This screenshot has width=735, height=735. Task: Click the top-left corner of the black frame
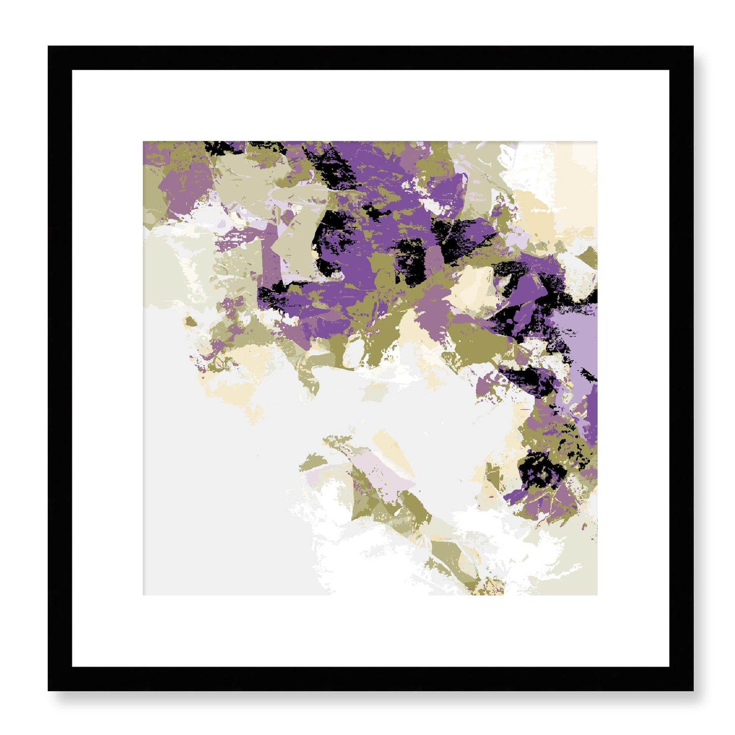click(x=49, y=47)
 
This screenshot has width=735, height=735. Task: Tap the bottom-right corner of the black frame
click(x=693, y=690)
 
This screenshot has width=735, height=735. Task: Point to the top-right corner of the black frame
click(x=693, y=47)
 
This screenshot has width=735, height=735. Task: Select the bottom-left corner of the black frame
click(x=49, y=690)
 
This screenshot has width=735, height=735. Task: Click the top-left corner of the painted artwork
click(x=143, y=142)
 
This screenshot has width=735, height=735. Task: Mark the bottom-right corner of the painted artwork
click(x=597, y=595)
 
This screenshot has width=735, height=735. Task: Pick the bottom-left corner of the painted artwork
click(x=143, y=595)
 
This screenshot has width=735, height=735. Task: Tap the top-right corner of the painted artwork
click(x=597, y=142)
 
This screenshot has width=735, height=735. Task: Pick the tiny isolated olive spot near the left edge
click(x=190, y=321)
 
